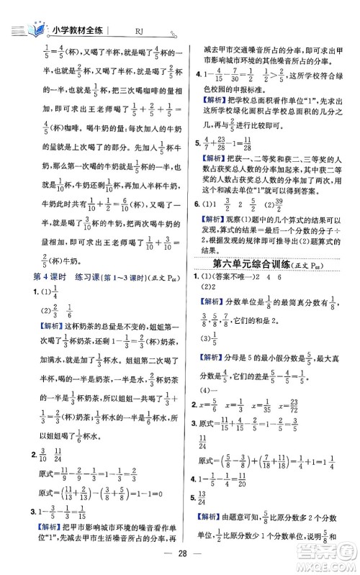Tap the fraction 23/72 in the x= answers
click(331, 404)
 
